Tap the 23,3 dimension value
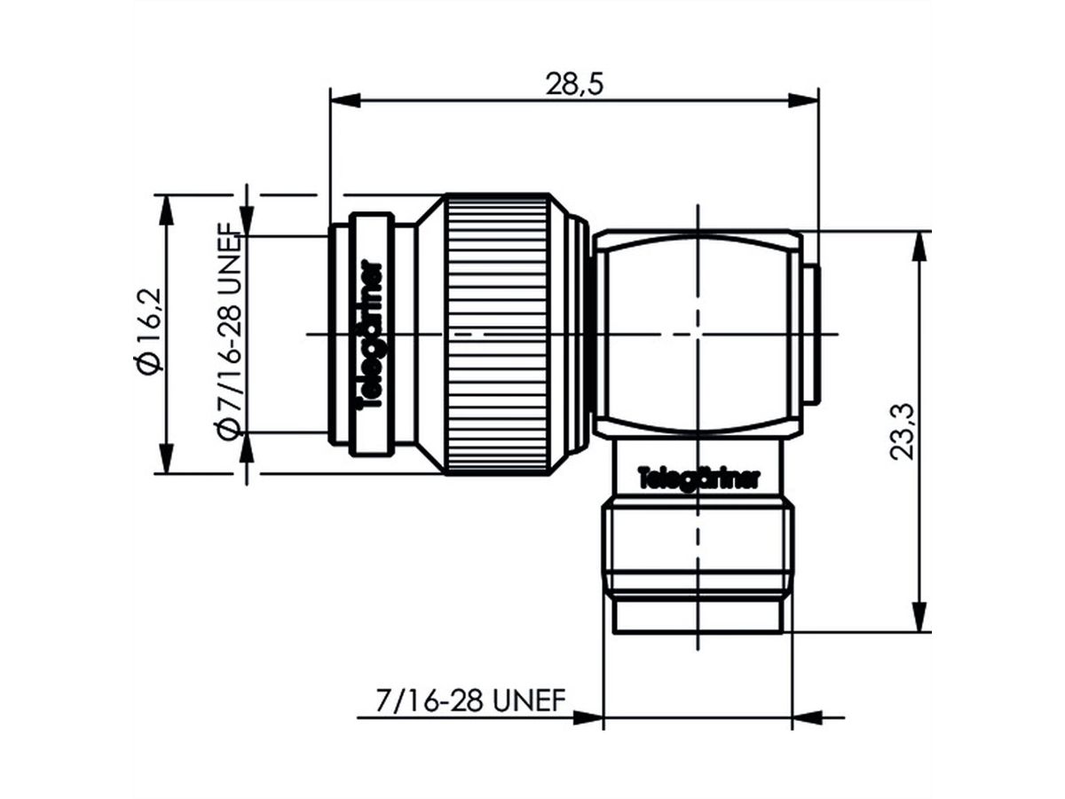903,432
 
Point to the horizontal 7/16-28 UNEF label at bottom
470,700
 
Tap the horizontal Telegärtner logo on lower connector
698,479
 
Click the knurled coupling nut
497,333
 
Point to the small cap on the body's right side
811,333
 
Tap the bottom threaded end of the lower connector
697,613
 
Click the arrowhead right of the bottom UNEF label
587,716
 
